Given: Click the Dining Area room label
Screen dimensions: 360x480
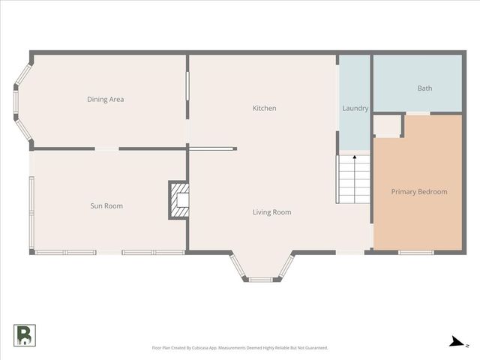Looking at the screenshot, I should pos(106,99).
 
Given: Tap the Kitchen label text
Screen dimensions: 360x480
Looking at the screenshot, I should pos(264,109).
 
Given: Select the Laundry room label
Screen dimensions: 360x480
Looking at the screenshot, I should pos(355,109).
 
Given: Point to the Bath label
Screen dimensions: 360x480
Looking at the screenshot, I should pos(424,88).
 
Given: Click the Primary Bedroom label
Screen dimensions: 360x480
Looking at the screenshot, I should pos(419,192).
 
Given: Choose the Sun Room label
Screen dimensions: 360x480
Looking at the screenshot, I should pos(106,205).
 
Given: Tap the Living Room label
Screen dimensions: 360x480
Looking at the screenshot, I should pos(271,212).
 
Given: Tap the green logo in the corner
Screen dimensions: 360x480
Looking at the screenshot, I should pos(24,335).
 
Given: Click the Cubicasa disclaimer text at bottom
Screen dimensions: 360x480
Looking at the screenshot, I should pos(240,348).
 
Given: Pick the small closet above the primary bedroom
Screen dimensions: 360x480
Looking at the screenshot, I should pos(388,125).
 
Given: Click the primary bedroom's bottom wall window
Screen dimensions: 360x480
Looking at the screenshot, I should pos(416,252).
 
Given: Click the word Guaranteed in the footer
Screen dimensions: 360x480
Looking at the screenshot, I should pos(316,348).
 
